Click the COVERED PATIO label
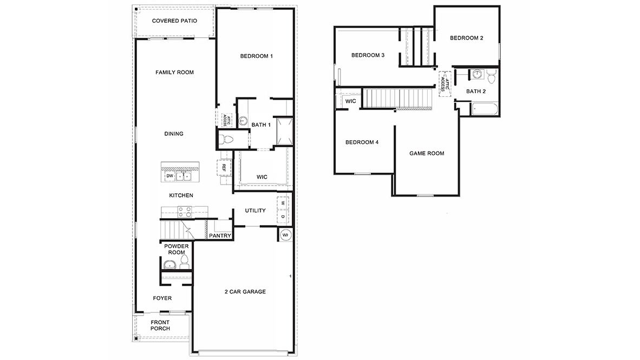tap(174, 21)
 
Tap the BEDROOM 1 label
tap(256, 56)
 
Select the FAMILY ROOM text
tap(174, 73)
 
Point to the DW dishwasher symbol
tap(169, 176)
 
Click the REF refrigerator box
tap(223, 168)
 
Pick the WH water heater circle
tap(285, 235)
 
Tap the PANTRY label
tap(220, 235)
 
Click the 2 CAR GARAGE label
tap(245, 292)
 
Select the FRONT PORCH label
tap(160, 325)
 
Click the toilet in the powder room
tap(184, 263)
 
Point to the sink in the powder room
tap(169, 265)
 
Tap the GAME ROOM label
tap(426, 153)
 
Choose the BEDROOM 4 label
tap(362, 142)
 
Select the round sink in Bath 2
tap(478, 74)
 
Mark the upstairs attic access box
tap(445, 83)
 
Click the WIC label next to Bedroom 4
tap(350, 101)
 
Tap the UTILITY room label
tap(255, 211)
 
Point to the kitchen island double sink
tap(185, 176)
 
